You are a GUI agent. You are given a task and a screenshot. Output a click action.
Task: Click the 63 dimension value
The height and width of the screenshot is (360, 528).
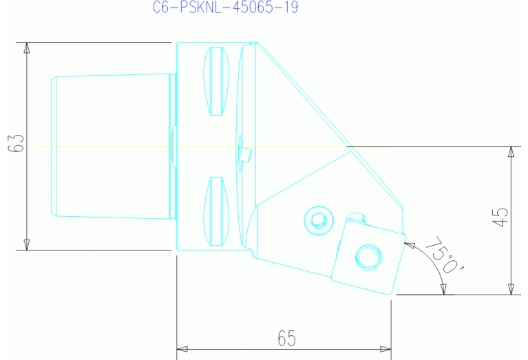19,145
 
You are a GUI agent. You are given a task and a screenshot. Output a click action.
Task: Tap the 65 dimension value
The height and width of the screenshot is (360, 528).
286,338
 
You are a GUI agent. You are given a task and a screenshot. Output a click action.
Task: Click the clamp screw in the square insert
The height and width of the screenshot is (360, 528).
366,257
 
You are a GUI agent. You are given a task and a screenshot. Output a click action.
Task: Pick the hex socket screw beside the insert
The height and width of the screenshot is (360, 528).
317,220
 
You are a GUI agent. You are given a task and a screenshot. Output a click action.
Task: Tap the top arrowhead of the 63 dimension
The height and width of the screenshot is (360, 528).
27,48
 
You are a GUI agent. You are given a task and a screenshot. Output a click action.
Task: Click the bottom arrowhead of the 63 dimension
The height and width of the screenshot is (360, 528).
27,244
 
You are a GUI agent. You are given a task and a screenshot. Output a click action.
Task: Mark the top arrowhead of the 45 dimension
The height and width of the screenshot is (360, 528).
510,151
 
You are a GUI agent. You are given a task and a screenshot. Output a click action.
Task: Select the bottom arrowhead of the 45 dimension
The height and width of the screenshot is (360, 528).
510,288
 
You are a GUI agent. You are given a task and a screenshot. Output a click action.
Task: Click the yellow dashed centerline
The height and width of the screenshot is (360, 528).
103,146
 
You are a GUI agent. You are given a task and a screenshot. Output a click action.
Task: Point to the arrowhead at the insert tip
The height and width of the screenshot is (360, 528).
408,243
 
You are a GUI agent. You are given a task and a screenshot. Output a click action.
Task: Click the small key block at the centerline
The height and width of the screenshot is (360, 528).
244,152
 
